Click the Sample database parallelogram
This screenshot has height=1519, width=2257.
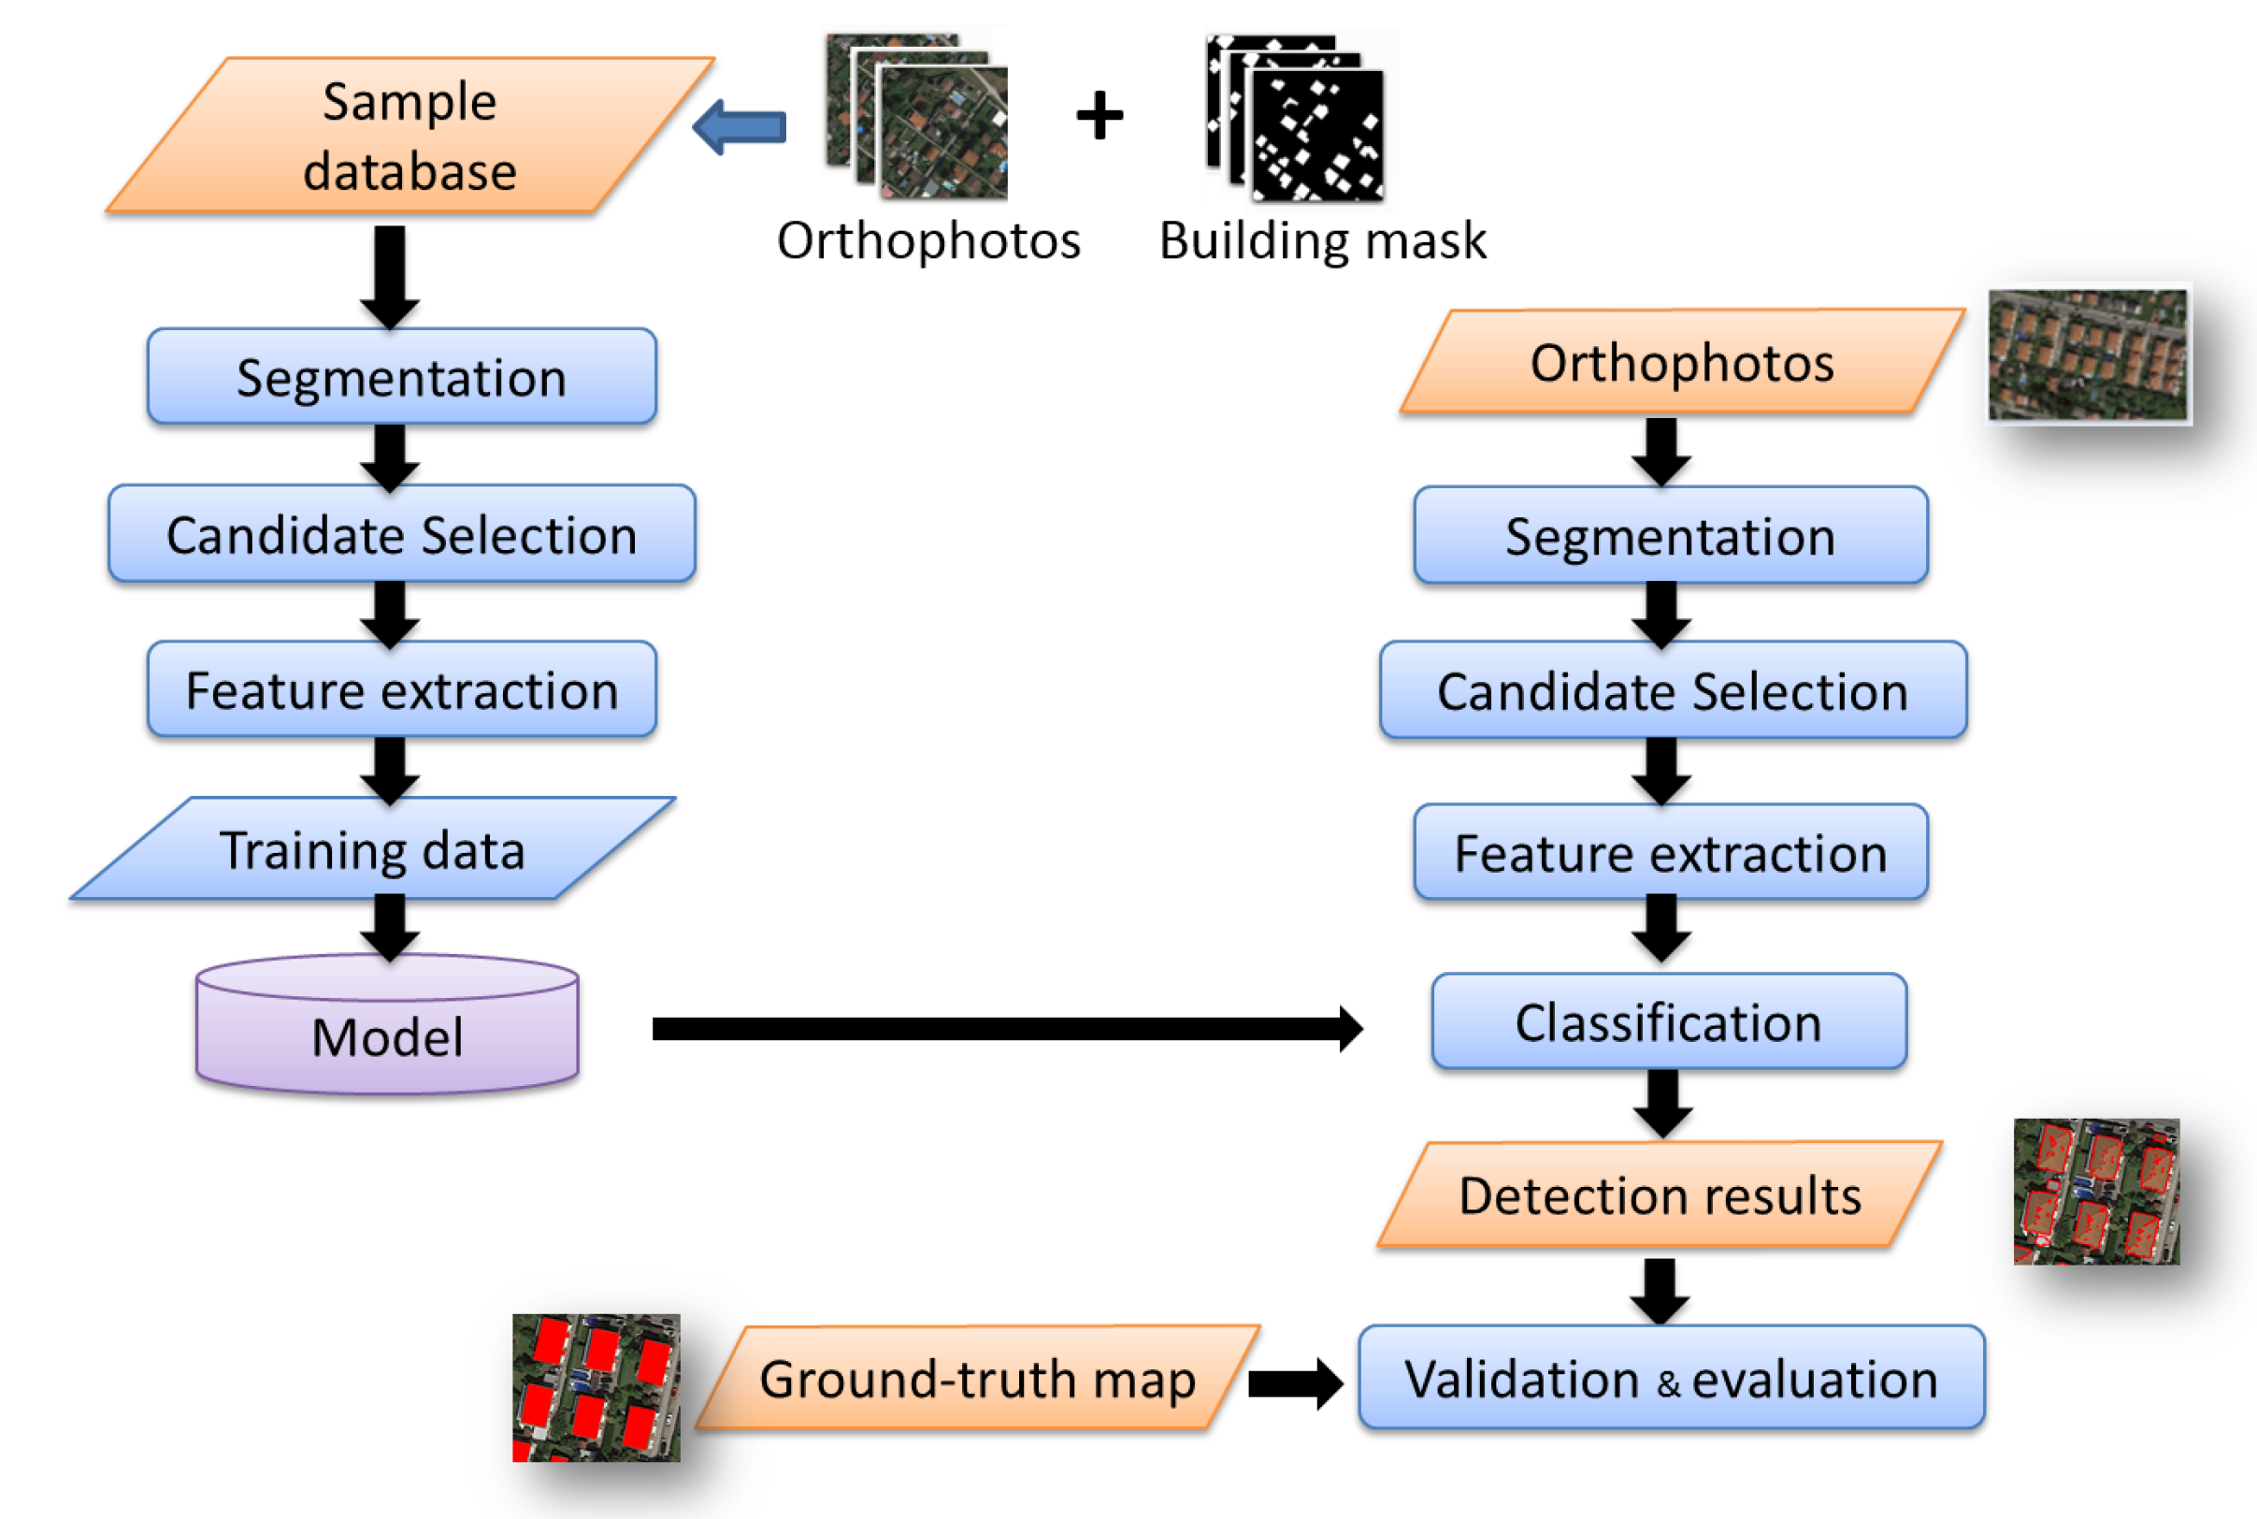[x=410, y=136]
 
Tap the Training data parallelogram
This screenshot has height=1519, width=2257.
[x=373, y=849]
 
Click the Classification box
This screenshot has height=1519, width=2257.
[x=1668, y=1022]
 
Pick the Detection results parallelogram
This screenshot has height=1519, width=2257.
[x=1660, y=1194]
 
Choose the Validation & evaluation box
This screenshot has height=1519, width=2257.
[x=1671, y=1378]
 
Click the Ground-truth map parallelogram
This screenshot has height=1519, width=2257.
[x=978, y=1378]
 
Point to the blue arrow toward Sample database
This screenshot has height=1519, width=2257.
[x=740, y=127]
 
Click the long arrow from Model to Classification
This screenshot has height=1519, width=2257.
[x=1007, y=1029]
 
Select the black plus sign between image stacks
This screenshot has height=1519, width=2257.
[x=1100, y=116]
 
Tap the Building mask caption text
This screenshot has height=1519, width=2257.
[x=1323, y=240]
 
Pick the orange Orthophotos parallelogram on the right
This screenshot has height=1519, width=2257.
[x=1682, y=362]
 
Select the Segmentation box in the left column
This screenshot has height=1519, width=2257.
[x=402, y=377]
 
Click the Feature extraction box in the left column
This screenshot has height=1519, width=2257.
[x=402, y=689]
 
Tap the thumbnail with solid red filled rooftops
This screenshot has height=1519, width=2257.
[x=597, y=1387]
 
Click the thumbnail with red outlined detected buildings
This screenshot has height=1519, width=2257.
[x=2096, y=1191]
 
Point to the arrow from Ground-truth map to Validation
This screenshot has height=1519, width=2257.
[x=1295, y=1383]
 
